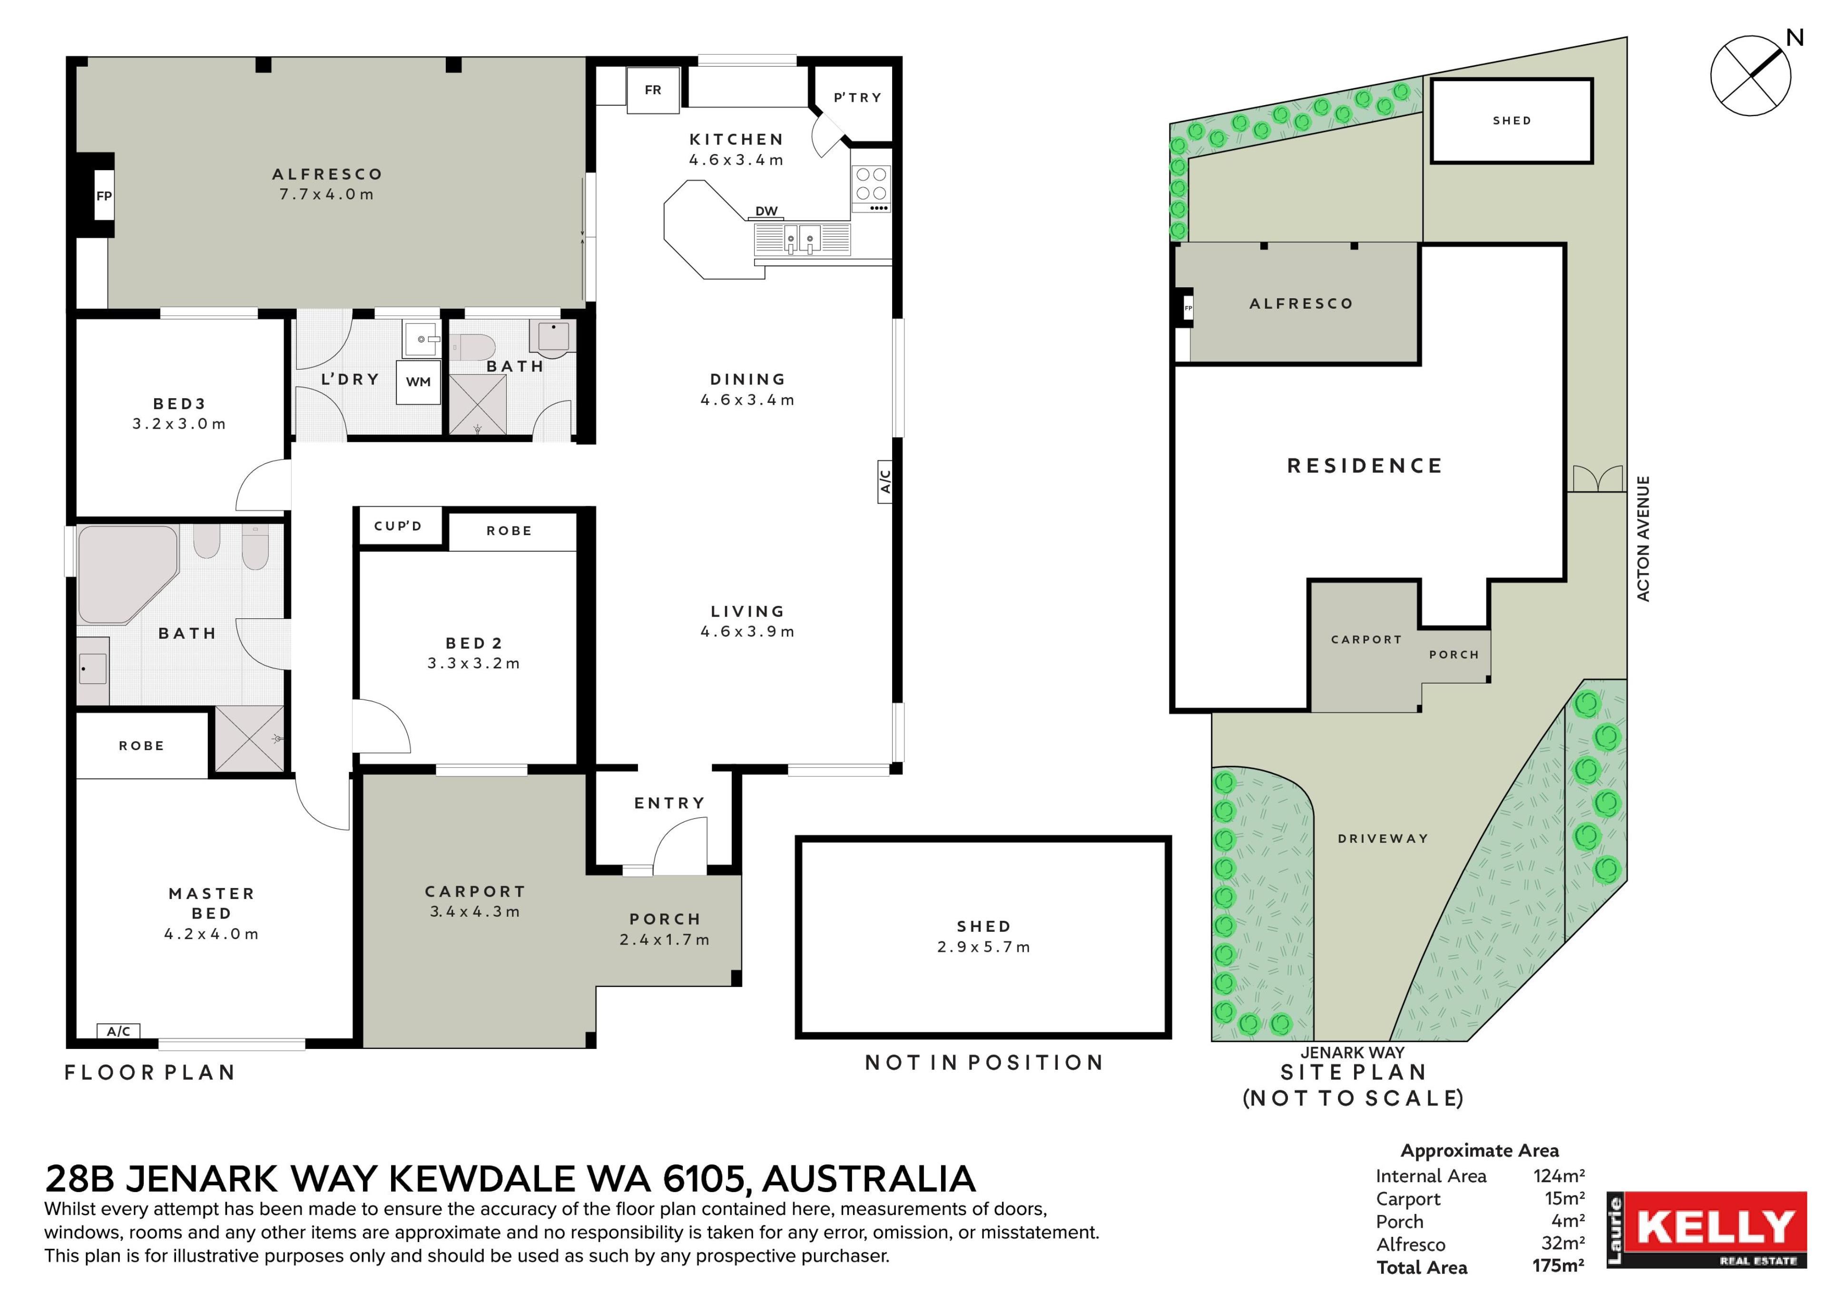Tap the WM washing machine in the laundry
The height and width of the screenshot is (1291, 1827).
click(419, 382)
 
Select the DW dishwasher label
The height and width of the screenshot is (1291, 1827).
click(766, 211)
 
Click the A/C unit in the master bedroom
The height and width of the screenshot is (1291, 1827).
click(118, 1031)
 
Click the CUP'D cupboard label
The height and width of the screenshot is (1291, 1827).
click(398, 526)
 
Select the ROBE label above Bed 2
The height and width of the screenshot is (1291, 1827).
click(509, 530)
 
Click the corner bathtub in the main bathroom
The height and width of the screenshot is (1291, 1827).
click(128, 574)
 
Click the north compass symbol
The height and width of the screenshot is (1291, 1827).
click(1750, 76)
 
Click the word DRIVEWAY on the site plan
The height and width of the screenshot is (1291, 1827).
click(1383, 839)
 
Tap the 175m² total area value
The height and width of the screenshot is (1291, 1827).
click(1558, 1265)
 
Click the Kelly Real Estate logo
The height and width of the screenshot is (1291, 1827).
click(1707, 1229)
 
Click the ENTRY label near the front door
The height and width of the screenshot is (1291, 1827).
click(669, 803)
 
